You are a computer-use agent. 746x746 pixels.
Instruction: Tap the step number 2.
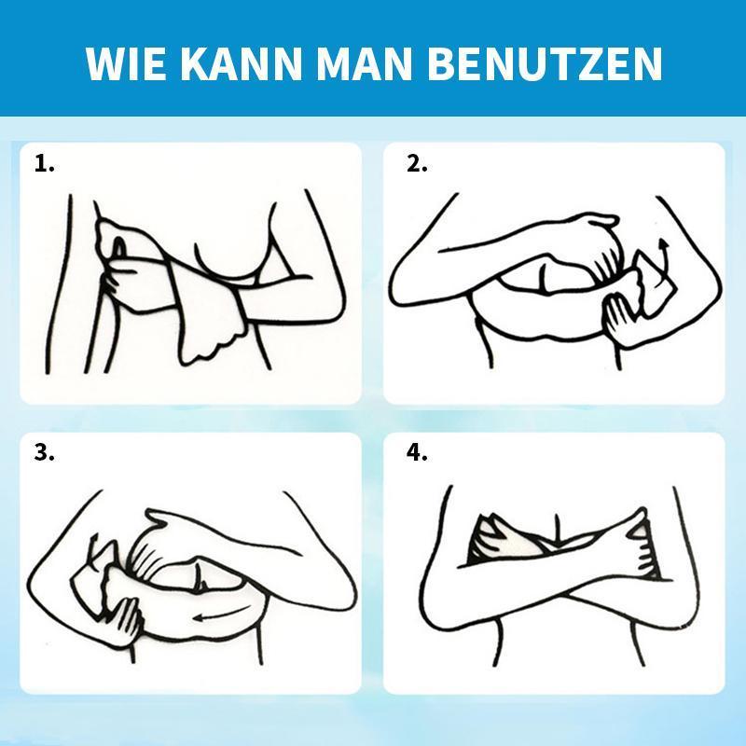pyautogui.click(x=416, y=164)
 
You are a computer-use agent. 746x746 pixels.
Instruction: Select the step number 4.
pyautogui.click(x=416, y=454)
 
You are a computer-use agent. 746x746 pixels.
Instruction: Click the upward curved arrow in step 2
pyautogui.click(x=663, y=254)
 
